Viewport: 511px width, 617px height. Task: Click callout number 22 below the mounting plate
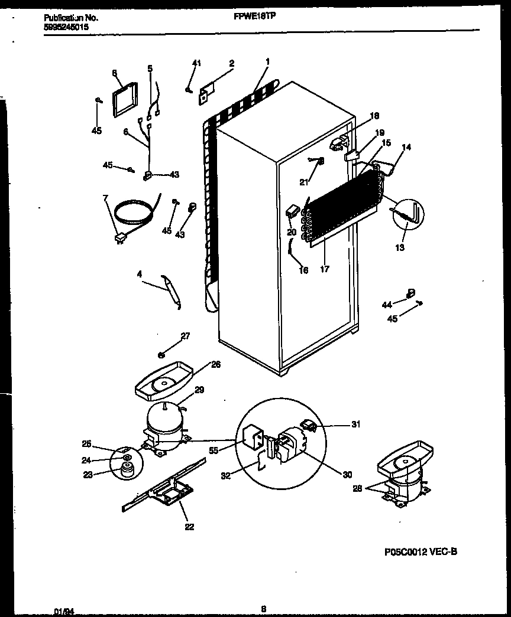tap(189, 527)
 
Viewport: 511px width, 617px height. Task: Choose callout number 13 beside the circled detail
tap(400, 247)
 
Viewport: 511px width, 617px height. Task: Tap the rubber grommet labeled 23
tap(125, 470)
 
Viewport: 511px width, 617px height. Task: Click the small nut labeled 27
tap(161, 355)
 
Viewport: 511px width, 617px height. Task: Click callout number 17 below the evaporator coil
tap(325, 269)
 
